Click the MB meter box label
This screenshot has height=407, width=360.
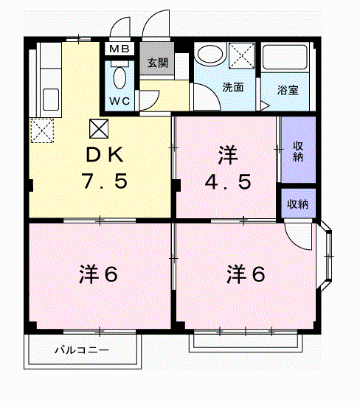(x=120, y=49)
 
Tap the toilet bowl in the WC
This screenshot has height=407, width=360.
(x=120, y=77)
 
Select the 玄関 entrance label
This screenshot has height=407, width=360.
(x=157, y=63)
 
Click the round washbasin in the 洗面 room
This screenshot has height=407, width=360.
(x=210, y=55)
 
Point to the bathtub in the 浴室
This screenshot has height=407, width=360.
(x=285, y=58)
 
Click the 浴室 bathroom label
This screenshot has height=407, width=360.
(x=288, y=90)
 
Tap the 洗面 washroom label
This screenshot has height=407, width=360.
(x=233, y=88)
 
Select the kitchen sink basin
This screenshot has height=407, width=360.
(x=51, y=100)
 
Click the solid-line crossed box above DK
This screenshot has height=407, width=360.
(x=99, y=128)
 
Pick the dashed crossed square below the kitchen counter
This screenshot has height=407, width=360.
(x=42, y=131)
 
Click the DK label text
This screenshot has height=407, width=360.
(x=105, y=155)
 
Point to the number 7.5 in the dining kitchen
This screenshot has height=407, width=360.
(x=105, y=181)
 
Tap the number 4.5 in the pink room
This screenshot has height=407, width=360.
(x=228, y=181)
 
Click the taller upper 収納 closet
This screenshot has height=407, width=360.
(x=299, y=150)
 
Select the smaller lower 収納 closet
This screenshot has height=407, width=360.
(x=299, y=204)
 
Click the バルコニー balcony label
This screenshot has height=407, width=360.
(x=81, y=350)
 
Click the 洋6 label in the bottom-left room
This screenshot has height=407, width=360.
(x=98, y=274)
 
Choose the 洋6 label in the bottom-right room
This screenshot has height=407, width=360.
(x=246, y=274)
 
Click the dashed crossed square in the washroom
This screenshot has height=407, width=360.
(x=241, y=55)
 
